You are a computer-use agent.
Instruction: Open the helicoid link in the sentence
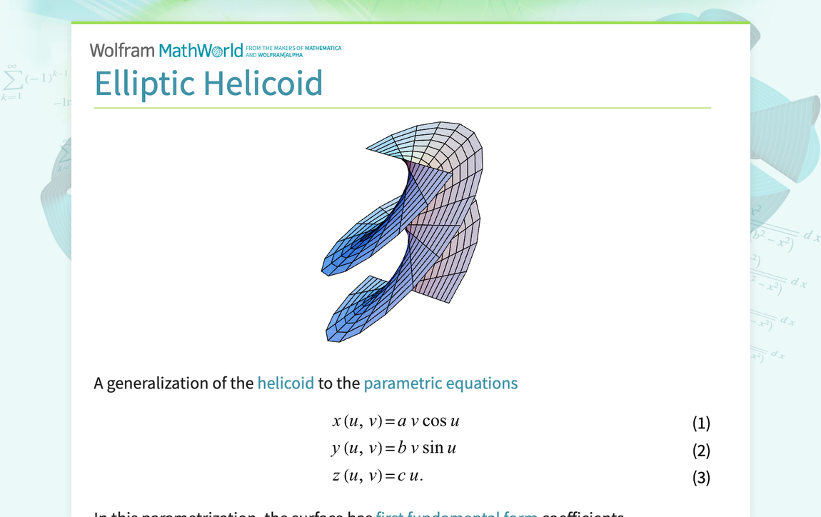[x=286, y=383]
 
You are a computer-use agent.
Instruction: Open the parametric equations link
[x=440, y=383]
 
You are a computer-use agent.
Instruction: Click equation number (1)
[x=701, y=423]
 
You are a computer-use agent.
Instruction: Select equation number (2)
[x=701, y=450]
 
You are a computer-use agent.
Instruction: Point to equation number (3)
[x=701, y=477]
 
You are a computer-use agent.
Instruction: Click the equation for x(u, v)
[x=396, y=421]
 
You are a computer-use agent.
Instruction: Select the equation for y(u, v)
[x=393, y=448]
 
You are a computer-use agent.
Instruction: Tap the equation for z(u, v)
[x=378, y=476]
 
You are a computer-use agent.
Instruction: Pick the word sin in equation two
[x=432, y=448]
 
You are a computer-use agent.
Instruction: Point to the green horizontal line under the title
[x=402, y=108]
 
